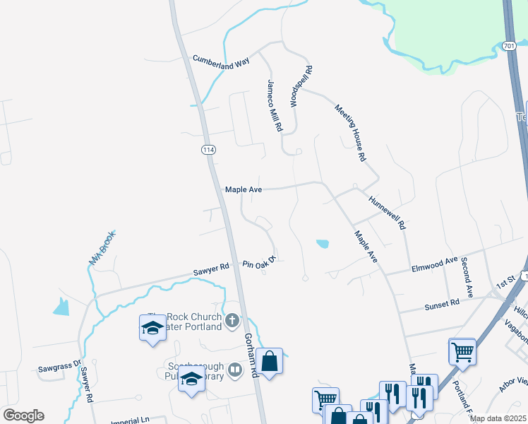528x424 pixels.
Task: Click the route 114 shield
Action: (208, 150)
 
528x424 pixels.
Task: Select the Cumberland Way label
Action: (222, 61)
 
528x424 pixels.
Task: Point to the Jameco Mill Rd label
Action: (274, 105)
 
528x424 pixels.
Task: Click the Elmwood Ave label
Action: (434, 266)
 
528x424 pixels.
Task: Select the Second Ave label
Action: (467, 276)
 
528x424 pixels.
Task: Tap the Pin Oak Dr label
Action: (258, 264)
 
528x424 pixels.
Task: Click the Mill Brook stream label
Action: (102, 249)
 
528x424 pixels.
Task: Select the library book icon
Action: (235, 370)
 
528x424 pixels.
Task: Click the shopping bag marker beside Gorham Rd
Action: (269, 361)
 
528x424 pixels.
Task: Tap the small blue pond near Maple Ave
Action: (322, 245)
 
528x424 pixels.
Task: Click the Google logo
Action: (23, 416)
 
